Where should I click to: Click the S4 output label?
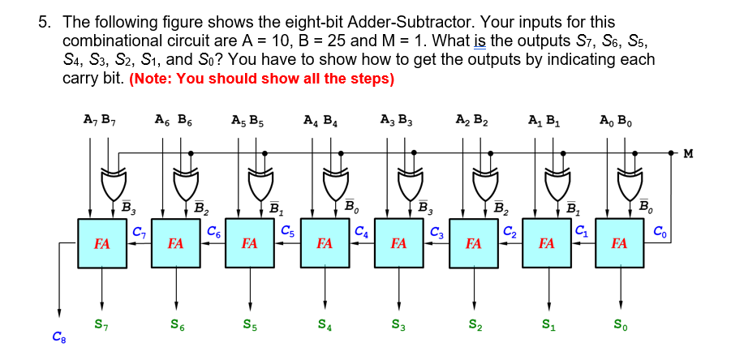coord(325,325)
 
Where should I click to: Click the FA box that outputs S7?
coord(102,242)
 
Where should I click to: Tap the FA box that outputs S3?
coord(398,242)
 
